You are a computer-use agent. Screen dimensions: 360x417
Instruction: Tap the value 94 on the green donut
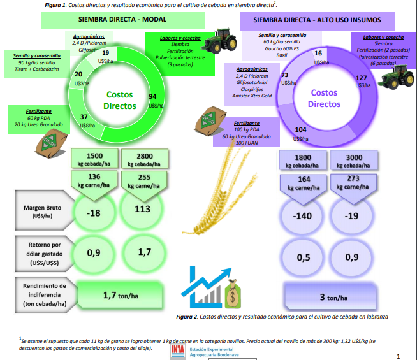point(152,96)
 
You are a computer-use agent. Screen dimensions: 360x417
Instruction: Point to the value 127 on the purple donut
point(361,78)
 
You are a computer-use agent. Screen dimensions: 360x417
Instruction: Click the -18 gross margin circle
point(94,212)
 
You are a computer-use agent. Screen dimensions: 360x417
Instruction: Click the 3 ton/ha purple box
point(330,298)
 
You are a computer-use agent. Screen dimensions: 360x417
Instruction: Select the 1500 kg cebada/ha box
point(94,159)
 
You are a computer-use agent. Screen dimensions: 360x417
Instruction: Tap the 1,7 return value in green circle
point(143,252)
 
